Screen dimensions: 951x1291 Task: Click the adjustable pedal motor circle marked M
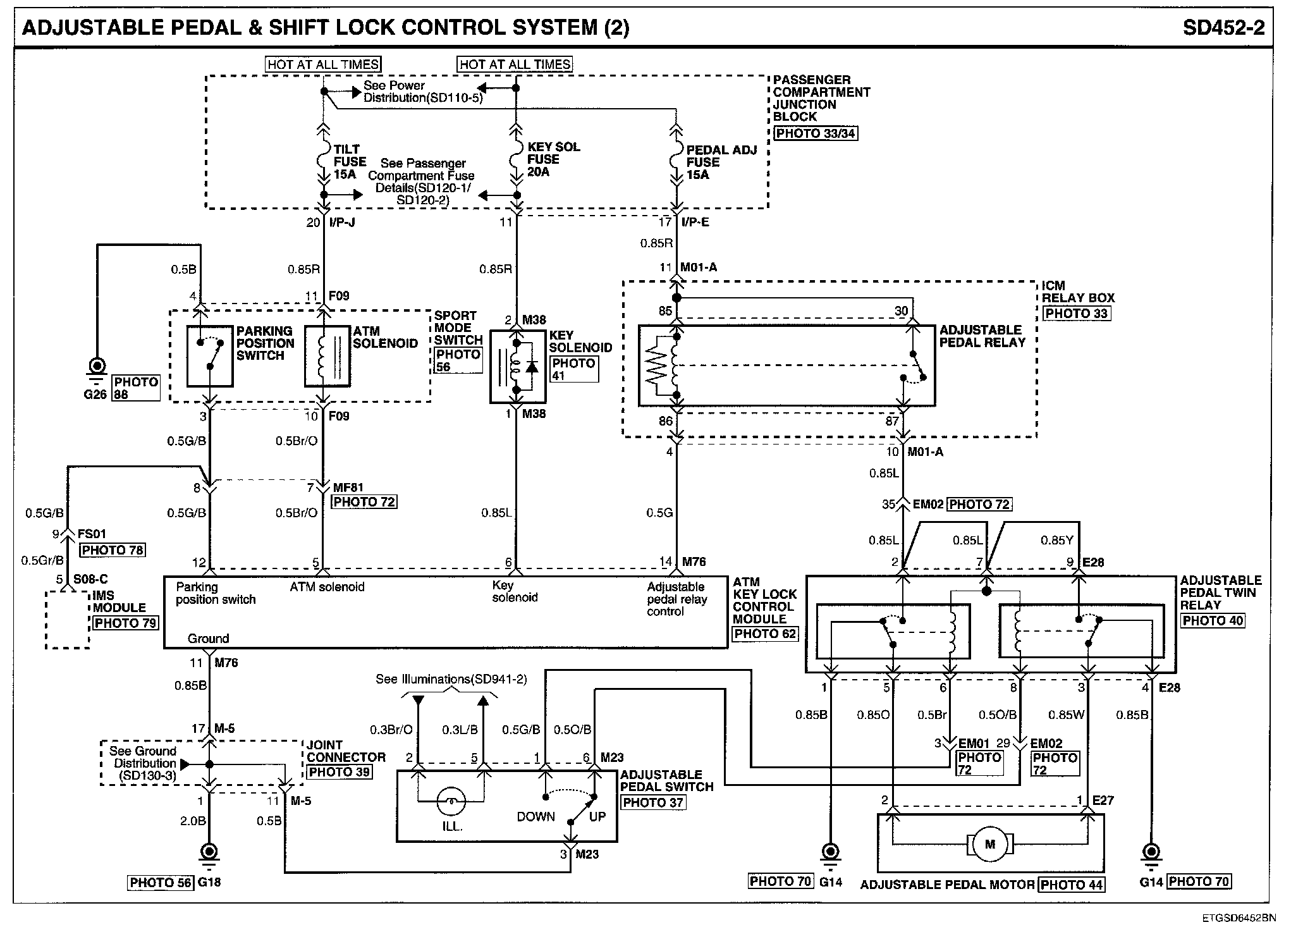click(x=990, y=844)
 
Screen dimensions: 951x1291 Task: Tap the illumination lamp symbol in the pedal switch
click(x=451, y=802)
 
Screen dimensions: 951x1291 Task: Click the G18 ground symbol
click(x=209, y=852)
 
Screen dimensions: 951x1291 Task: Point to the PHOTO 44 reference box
click(x=1071, y=885)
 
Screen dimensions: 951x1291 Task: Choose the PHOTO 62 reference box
click(x=765, y=634)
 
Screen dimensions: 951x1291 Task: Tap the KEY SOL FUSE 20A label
click(x=553, y=159)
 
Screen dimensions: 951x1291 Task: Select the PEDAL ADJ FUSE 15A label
click(x=720, y=163)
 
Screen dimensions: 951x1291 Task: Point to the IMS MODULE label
click(x=119, y=601)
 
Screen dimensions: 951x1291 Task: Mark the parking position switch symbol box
click(x=210, y=356)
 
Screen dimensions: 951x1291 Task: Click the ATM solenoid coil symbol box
click(x=327, y=356)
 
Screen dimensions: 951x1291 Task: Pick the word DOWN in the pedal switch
click(x=535, y=816)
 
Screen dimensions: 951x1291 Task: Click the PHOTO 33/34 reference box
click(x=816, y=133)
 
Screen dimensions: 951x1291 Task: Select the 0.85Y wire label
click(x=1057, y=541)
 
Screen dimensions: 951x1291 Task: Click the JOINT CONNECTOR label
click(x=346, y=751)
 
